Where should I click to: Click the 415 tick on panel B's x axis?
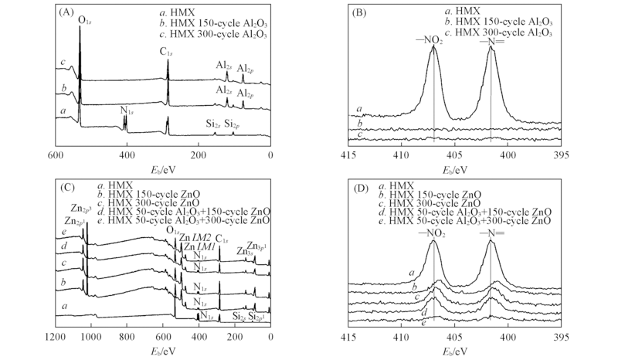point(347,155)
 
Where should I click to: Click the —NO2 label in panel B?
point(433,41)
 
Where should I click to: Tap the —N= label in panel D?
point(491,233)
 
